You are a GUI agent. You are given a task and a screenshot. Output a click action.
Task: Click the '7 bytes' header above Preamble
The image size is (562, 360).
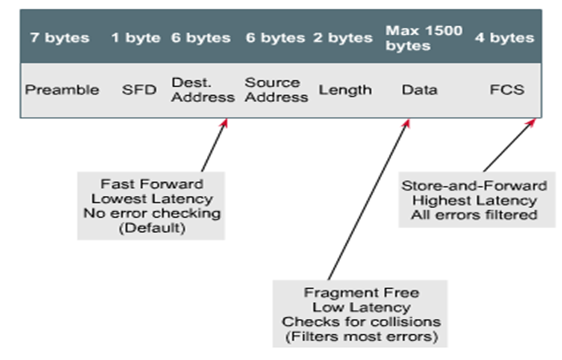click(60, 38)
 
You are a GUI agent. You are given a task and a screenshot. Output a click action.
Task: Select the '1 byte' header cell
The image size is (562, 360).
click(136, 38)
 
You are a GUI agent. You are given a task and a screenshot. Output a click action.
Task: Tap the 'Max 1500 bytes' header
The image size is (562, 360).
click(424, 38)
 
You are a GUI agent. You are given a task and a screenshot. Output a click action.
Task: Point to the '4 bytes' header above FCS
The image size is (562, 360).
click(505, 38)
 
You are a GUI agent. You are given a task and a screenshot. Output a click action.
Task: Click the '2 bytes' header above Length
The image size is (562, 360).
click(343, 38)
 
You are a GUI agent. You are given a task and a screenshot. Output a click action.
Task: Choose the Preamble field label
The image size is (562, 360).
click(62, 89)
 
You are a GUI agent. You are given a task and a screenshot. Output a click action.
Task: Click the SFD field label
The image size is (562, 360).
click(139, 89)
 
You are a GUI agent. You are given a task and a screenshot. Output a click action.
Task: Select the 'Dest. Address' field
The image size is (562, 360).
click(203, 89)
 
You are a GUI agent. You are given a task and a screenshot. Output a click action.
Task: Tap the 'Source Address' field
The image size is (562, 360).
click(276, 89)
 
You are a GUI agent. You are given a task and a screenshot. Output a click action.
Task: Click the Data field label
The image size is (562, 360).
click(420, 89)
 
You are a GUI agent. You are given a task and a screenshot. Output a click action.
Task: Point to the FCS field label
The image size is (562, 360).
click(507, 89)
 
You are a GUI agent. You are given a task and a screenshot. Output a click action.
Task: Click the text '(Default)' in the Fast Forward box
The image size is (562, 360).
click(152, 228)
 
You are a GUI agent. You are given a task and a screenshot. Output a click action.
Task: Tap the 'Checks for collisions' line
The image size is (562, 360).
click(361, 322)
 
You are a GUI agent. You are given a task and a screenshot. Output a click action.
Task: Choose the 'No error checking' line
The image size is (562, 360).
click(152, 214)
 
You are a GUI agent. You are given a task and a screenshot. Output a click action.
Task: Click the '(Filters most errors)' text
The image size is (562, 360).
click(362, 336)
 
